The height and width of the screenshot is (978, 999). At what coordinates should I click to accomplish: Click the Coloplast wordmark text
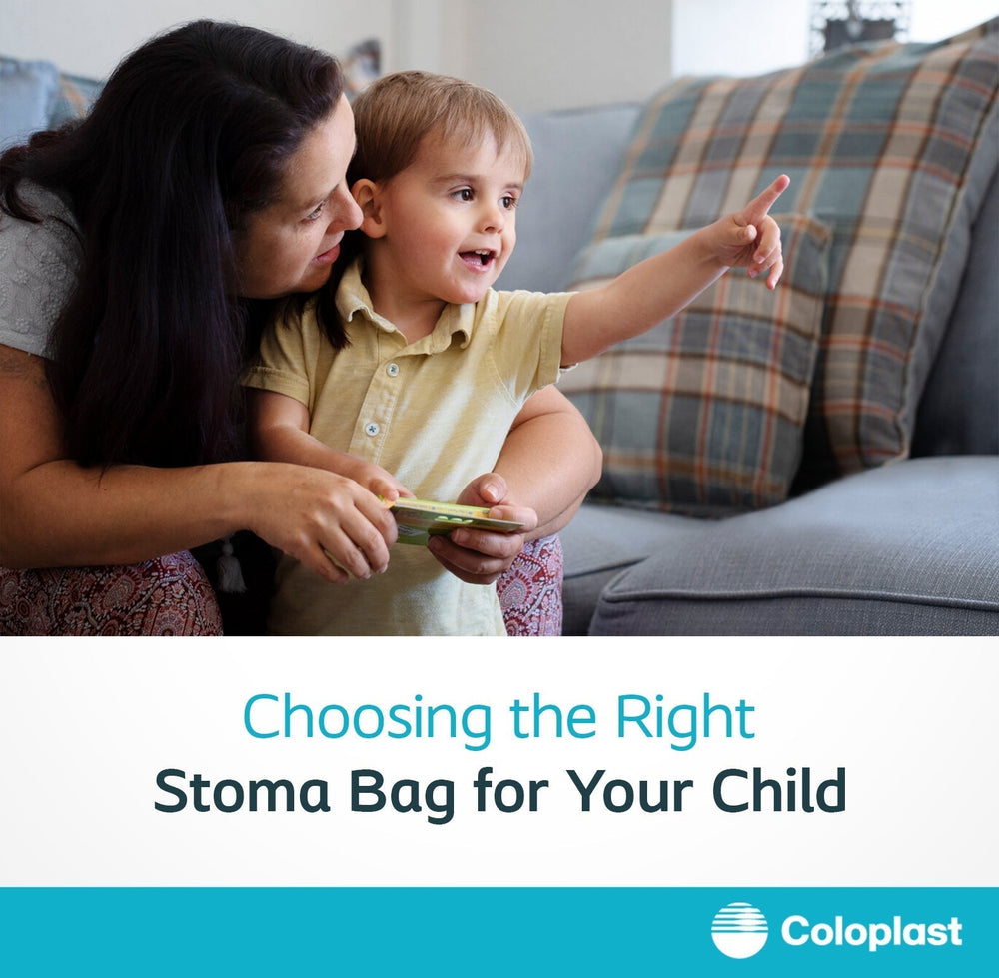point(871,931)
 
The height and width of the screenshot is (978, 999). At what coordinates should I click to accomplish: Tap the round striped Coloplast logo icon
point(739,930)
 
